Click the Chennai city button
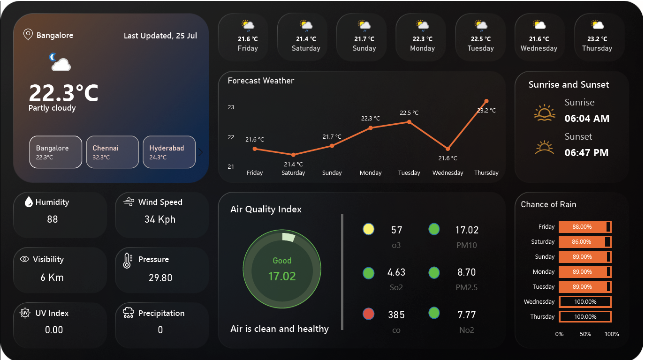(112, 152)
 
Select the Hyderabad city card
(169, 152)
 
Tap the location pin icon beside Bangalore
(28, 35)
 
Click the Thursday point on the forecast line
(486, 101)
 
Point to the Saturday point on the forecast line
(293, 155)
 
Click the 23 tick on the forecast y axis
(231, 107)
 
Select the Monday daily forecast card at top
(422, 37)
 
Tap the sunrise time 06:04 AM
(587, 119)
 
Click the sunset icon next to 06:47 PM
(545, 147)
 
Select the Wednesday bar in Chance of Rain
(585, 302)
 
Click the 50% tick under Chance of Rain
(585, 334)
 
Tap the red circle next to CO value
(369, 314)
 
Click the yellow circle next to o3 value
(369, 229)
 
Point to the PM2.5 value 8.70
(466, 272)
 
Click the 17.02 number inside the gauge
(282, 277)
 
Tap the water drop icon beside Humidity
(29, 202)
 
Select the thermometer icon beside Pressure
(127, 261)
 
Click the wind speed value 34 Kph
(160, 219)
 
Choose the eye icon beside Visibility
(25, 259)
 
